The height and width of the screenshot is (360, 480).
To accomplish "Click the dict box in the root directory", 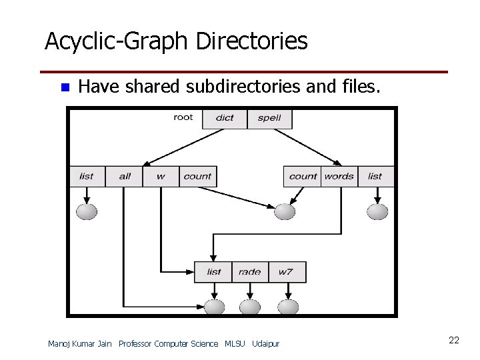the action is click(225, 118).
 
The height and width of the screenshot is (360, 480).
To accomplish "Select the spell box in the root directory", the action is click(269, 118).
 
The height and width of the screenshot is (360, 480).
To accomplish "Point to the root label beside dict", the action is click(183, 117).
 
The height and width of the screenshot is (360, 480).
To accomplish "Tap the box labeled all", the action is click(125, 176).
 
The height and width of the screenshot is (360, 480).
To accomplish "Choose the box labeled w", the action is click(161, 176).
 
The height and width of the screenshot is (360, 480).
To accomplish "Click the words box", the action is click(339, 176).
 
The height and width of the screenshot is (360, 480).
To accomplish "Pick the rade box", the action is click(250, 271).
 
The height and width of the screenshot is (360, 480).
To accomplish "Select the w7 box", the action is click(286, 271).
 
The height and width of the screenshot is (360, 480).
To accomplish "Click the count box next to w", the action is click(197, 176).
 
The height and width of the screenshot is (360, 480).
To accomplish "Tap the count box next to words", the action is click(303, 176).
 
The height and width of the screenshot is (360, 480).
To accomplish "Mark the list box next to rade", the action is click(214, 271).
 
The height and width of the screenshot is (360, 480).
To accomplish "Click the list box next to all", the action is click(87, 176).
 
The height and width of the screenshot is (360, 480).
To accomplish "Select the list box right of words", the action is click(375, 176).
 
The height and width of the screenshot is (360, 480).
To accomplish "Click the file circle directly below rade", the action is click(250, 307).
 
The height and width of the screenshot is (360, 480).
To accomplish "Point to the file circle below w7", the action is click(287, 307).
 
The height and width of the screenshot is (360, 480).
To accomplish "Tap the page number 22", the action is click(454, 341).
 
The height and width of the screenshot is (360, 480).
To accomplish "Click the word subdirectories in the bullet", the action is click(242, 86).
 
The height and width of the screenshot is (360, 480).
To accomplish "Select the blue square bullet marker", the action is click(65, 87).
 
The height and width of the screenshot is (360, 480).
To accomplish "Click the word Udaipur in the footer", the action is click(266, 344).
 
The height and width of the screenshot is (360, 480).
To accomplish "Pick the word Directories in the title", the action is click(251, 42).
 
